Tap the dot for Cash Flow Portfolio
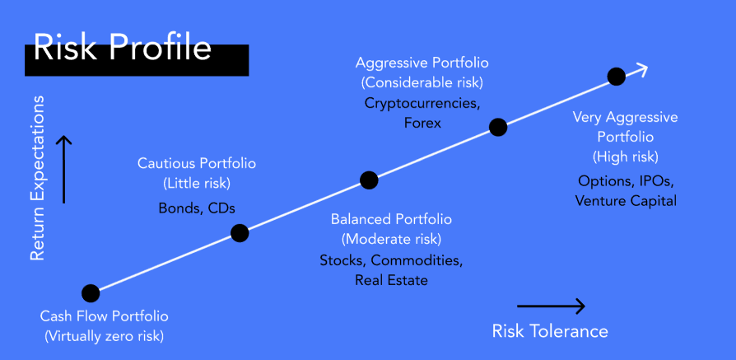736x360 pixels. (91, 293)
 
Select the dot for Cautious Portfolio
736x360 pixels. (240, 233)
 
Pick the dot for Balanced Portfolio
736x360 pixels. (369, 180)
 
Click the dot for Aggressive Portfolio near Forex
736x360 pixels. (498, 127)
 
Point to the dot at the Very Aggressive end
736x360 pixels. (617, 76)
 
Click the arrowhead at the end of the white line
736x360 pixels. (641, 69)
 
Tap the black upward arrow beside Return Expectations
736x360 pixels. (64, 169)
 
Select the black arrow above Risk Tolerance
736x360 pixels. (551, 306)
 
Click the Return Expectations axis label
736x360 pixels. (37, 178)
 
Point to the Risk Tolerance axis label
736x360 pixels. (550, 331)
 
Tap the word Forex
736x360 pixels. (422, 123)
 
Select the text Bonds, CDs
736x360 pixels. (197, 208)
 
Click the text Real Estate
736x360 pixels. (392, 280)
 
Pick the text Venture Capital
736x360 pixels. (626, 201)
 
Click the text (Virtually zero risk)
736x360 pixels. (104, 336)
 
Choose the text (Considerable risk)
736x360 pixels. (422, 82)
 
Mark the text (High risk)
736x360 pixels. (626, 157)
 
